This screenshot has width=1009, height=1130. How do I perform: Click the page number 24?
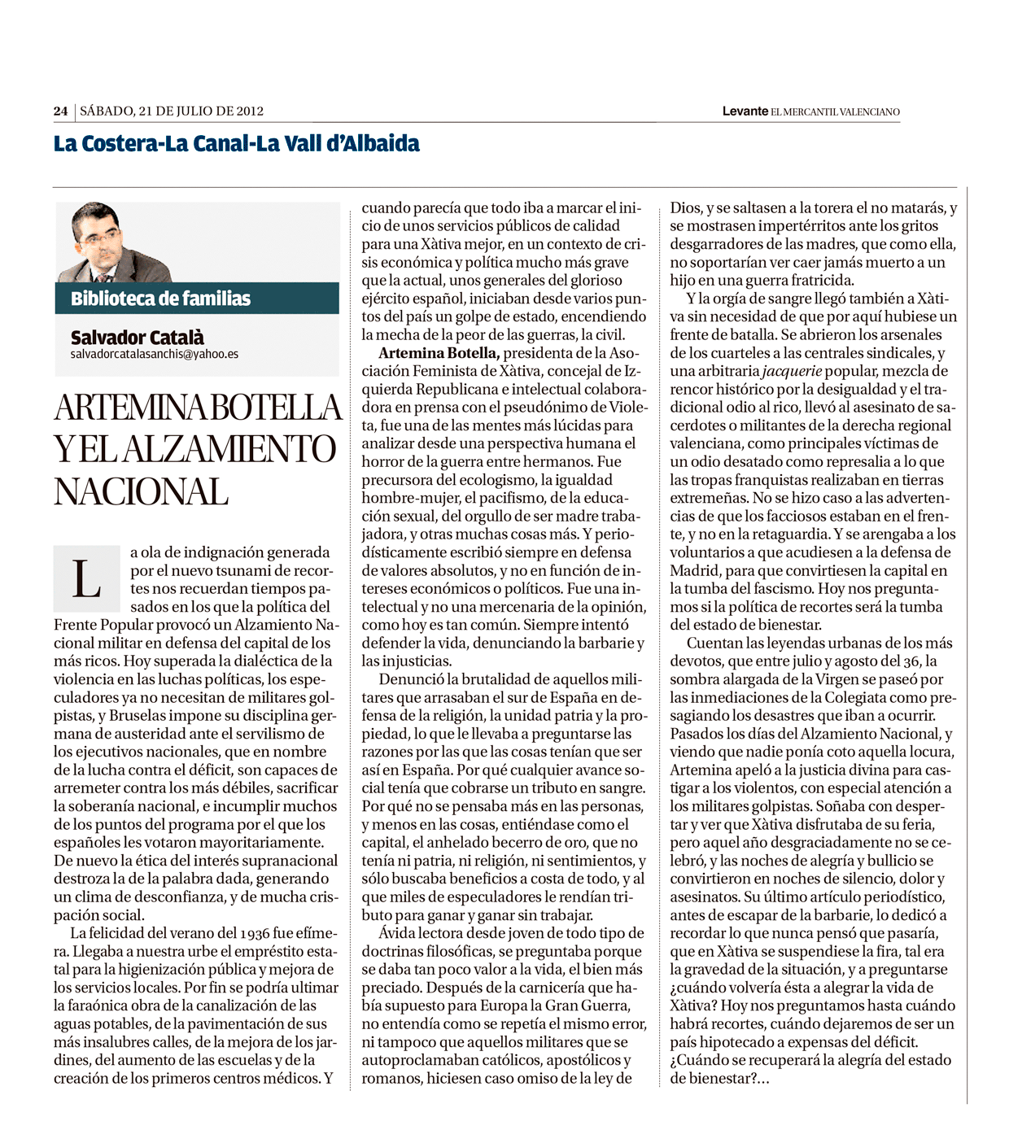(x=60, y=111)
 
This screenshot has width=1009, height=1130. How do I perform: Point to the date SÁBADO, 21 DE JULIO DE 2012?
(x=172, y=111)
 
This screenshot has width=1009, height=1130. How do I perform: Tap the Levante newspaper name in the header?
(x=745, y=111)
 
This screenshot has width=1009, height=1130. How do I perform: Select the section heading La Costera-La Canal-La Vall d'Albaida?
(x=237, y=144)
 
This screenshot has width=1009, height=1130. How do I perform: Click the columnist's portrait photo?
(x=113, y=242)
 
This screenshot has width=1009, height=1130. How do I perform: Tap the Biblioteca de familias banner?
(x=161, y=299)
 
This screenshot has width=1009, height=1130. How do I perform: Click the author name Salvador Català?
(x=137, y=337)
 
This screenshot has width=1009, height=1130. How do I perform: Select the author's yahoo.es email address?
(x=155, y=355)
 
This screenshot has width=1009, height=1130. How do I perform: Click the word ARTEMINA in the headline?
(x=131, y=407)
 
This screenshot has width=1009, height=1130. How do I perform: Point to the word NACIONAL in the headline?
(x=141, y=491)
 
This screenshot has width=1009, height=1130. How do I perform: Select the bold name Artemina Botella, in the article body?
(x=439, y=353)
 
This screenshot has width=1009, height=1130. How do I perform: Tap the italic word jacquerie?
(x=792, y=371)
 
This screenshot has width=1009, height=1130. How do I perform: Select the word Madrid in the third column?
(x=694, y=570)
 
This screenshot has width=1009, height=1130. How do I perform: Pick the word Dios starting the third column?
(x=684, y=208)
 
